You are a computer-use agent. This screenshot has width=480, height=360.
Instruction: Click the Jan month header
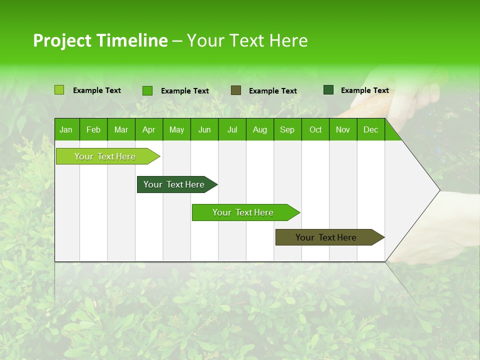66,129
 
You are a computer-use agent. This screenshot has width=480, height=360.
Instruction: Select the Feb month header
93,129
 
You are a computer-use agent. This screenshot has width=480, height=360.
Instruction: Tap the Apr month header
148,129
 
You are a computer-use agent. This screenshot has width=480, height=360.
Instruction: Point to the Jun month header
204,129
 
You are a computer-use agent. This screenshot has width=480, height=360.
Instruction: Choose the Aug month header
259,129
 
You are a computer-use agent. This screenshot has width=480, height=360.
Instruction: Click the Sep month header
287,129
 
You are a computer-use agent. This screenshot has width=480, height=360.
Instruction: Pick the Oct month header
315,129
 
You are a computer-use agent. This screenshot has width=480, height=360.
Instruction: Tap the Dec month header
370,129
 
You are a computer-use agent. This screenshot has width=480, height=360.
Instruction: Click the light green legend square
59,90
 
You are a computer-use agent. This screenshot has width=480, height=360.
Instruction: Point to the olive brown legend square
236,90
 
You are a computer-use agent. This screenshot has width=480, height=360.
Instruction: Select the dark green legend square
328,90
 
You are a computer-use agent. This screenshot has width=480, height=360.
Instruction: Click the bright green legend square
147,90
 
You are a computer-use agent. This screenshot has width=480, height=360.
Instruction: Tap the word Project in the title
62,40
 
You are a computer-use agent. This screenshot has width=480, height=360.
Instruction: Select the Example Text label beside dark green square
364,90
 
